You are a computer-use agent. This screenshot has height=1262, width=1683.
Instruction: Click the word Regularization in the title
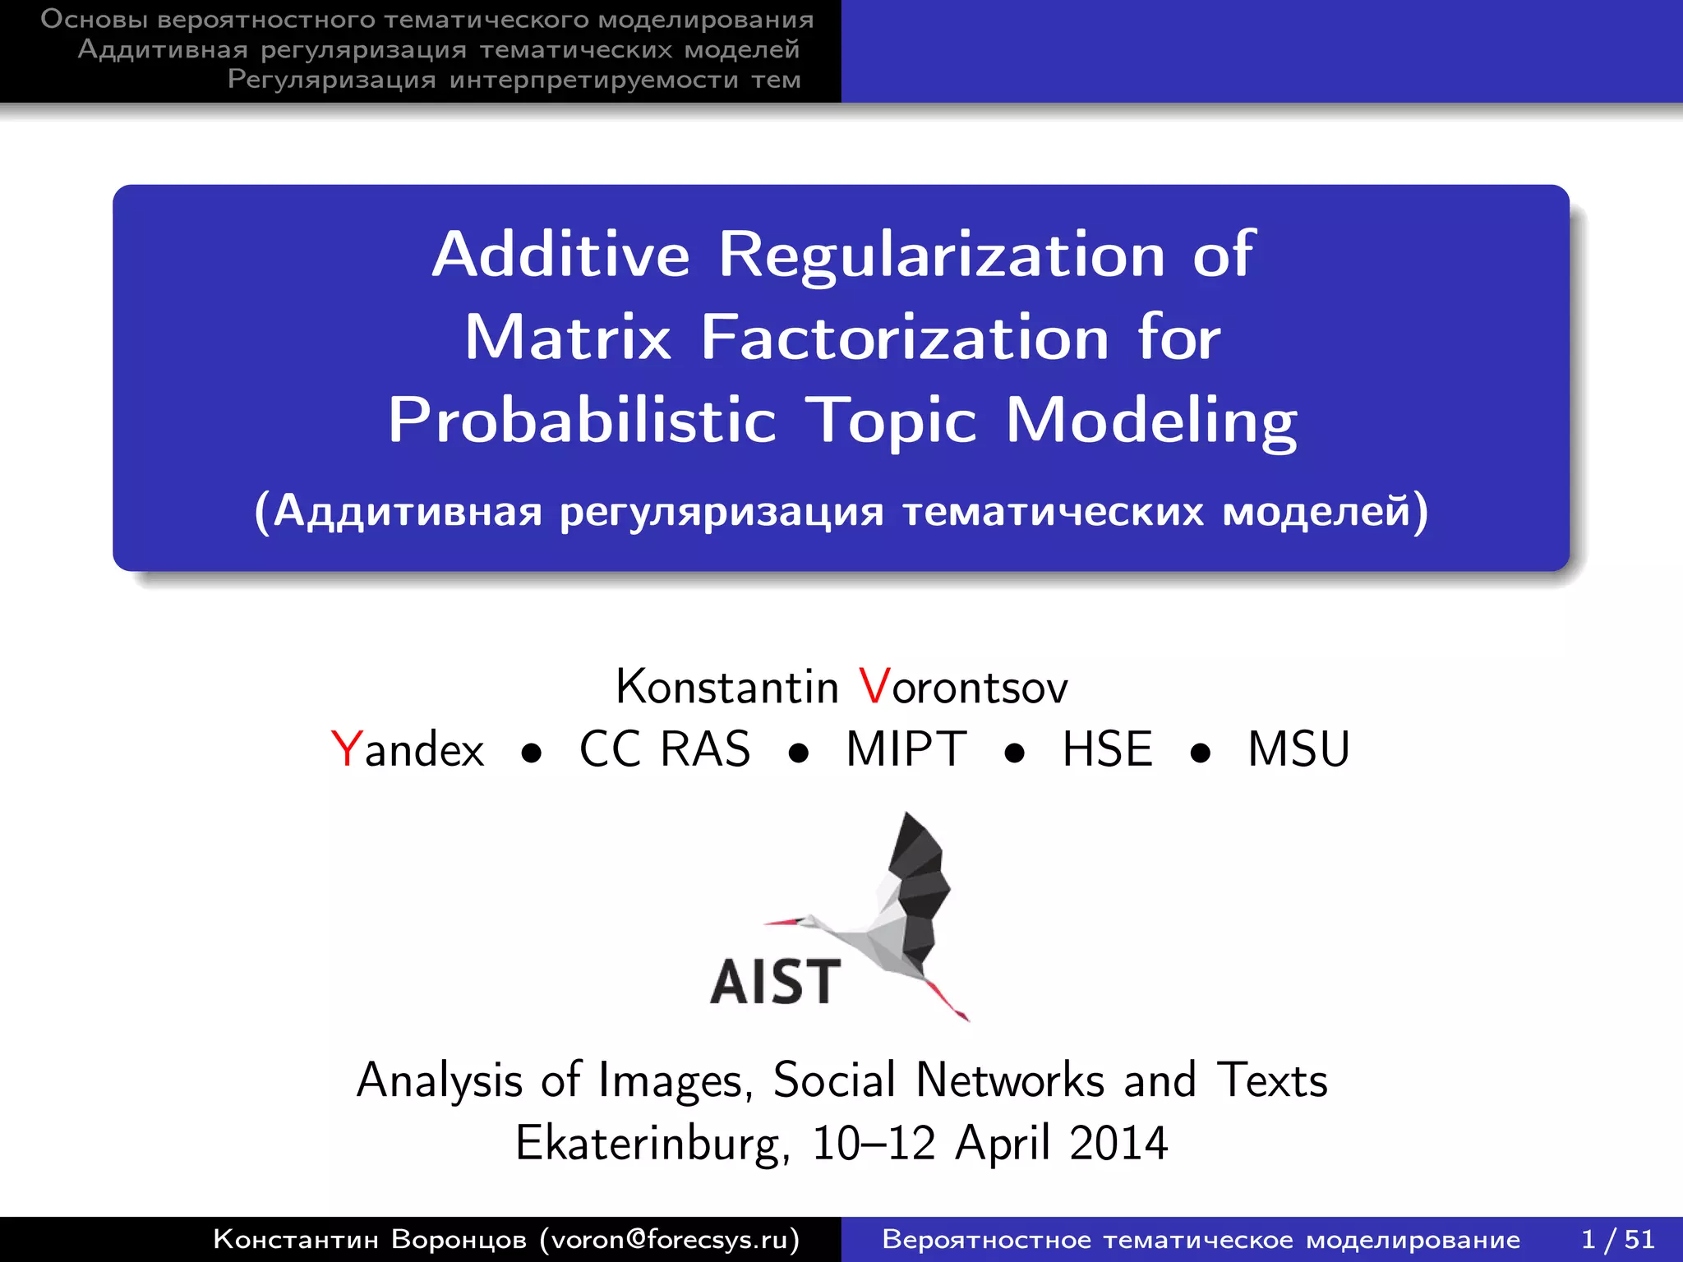(942, 255)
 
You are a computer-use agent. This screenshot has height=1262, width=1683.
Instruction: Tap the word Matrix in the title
(568, 338)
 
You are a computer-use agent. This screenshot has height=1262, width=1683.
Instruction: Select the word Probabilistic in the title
(582, 421)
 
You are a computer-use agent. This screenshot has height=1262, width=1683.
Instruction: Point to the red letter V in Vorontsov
(874, 686)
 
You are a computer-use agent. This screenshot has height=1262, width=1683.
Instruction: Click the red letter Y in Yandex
(346, 749)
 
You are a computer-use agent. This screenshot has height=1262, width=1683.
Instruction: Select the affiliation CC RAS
(665, 749)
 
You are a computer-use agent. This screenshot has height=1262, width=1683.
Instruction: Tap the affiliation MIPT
(906, 749)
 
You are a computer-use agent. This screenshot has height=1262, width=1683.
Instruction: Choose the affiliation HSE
(1107, 749)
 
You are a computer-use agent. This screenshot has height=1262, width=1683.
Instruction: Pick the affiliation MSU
(1298, 749)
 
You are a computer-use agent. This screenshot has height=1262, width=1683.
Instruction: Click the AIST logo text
(775, 982)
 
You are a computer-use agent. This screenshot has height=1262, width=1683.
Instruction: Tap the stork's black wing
(919, 871)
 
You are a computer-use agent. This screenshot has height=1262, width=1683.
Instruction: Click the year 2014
(1118, 1143)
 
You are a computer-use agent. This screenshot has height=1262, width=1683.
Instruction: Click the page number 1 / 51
(1617, 1239)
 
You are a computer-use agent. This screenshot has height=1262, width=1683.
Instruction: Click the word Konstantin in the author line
(727, 687)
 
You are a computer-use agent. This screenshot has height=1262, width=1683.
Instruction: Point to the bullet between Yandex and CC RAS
(532, 753)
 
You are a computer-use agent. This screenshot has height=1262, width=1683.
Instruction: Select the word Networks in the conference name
(1010, 1080)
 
